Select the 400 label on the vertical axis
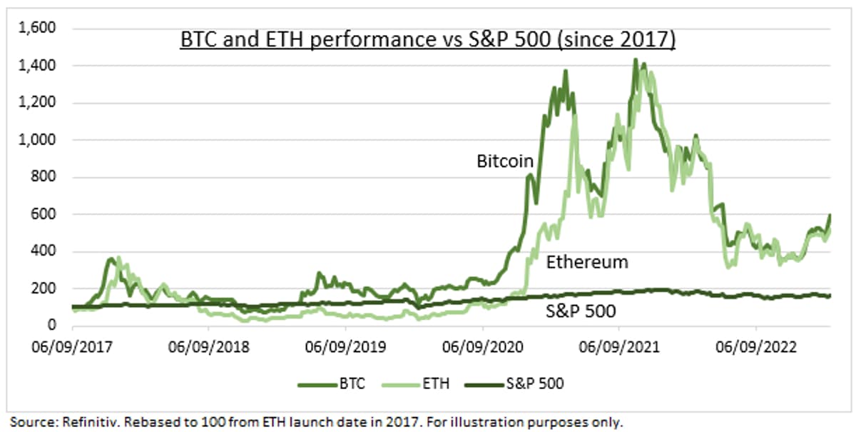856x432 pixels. pos(44,251)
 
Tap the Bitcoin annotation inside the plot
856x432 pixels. pos(505,161)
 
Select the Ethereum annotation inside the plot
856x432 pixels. pos(587,262)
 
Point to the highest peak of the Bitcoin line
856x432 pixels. pos(634,60)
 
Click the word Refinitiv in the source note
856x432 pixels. pos(78,422)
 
